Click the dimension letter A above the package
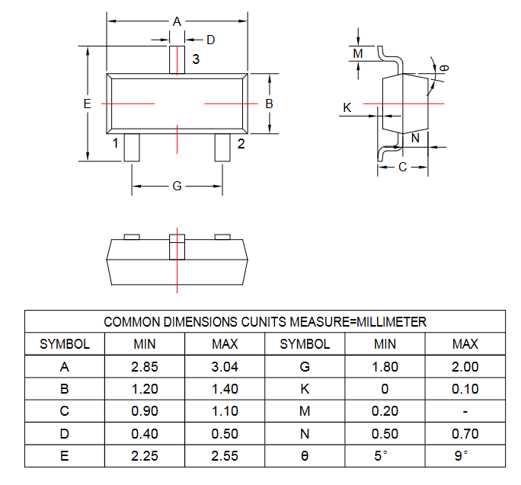coord(177,21)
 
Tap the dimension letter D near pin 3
coord(211,40)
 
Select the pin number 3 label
coord(196,59)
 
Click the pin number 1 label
coord(115,143)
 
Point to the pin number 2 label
coord(241,143)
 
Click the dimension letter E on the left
coord(87,104)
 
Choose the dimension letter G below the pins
coord(177,186)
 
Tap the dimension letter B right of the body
coord(269,104)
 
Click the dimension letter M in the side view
coord(358,53)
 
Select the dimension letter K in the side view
coord(347,107)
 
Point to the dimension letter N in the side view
coord(415,138)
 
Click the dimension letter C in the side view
coord(402,167)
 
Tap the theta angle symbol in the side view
coord(444,68)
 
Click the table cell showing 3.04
coord(225,367)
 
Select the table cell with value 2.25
coord(145,456)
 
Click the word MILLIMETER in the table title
coord(391,322)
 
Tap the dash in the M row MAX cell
coord(465,412)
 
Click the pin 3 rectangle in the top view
coord(177,60)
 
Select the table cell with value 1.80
coord(385,367)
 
